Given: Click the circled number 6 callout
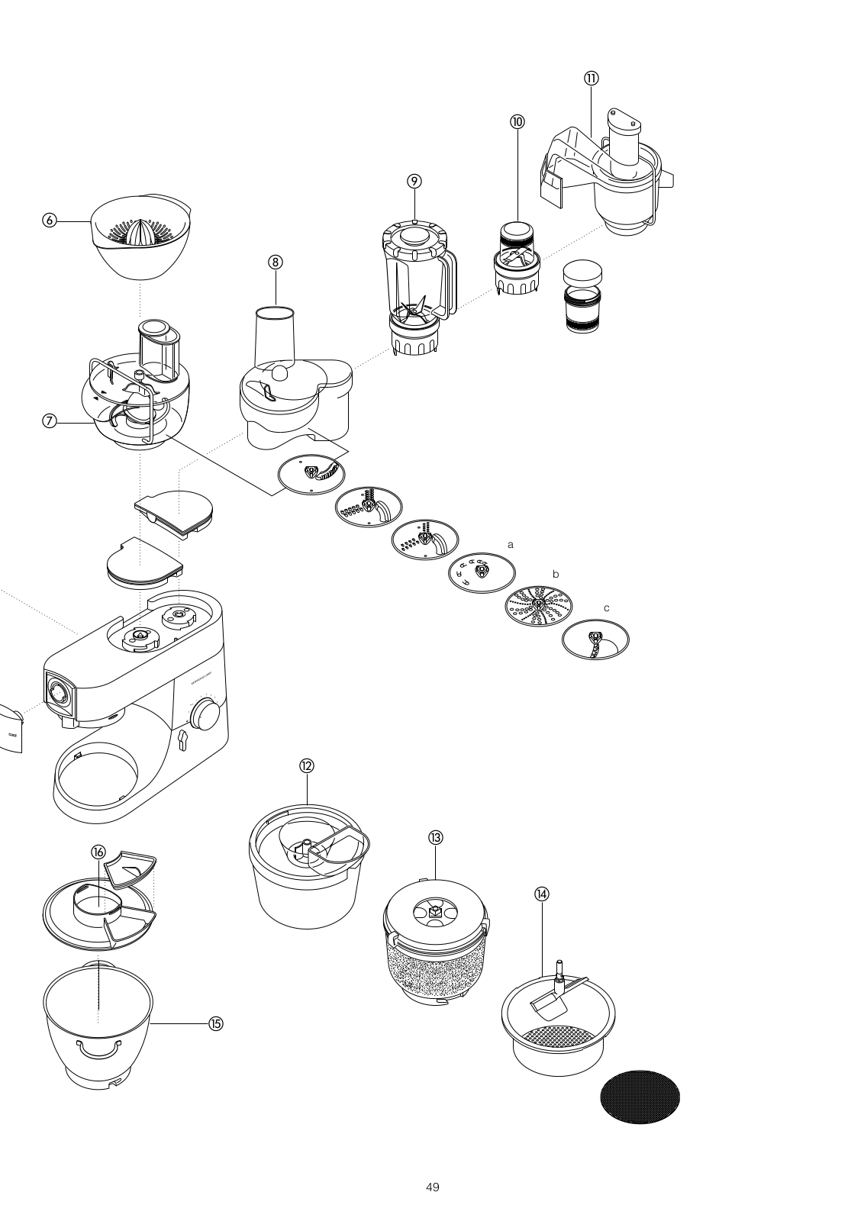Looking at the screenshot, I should [x=50, y=221].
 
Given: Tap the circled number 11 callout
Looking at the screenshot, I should [x=592, y=78].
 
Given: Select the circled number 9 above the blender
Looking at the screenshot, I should [x=414, y=181].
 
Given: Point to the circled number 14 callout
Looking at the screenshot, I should [x=542, y=894].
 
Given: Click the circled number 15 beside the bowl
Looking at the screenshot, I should [x=215, y=1024].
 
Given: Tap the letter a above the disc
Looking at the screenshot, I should [x=511, y=545].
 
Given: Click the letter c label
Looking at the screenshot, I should [x=606, y=608].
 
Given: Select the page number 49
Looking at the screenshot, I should [x=432, y=1187].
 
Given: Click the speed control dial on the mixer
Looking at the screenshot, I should [x=205, y=714].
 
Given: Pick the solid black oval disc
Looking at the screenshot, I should [x=640, y=1096].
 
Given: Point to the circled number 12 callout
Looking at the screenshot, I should [x=307, y=766].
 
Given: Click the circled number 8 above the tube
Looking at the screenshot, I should [x=276, y=262].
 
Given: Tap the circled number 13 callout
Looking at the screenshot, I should [x=435, y=837].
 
